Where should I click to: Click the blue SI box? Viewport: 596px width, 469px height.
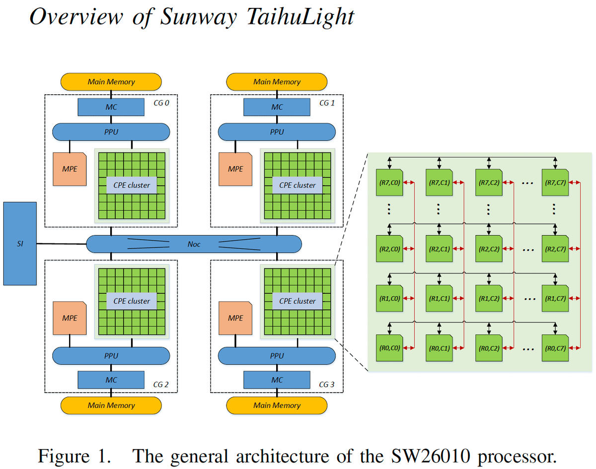[20, 243]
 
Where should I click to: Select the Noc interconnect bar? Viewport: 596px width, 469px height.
[194, 244]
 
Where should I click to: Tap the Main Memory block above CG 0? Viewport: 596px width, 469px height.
[111, 81]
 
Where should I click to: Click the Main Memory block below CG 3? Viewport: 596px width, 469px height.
[277, 405]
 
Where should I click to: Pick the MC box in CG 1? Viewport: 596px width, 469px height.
[277, 107]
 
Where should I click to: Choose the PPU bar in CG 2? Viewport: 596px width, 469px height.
[111, 355]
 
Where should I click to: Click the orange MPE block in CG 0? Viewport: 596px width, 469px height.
[70, 169]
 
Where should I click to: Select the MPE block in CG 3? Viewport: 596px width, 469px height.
[235, 318]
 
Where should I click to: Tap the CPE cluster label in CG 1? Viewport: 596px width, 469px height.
[297, 185]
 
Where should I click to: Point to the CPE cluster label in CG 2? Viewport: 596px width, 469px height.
[132, 301]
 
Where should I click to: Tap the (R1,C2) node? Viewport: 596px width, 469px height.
[488, 299]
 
